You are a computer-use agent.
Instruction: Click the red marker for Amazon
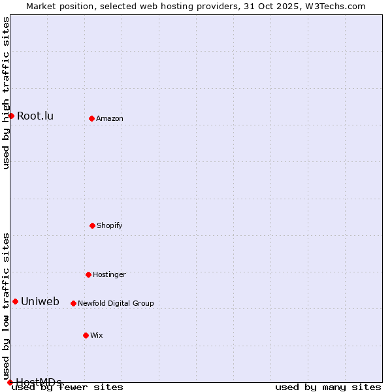(91, 118)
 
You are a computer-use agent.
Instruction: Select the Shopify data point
(92, 225)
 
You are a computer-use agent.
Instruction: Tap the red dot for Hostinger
(88, 274)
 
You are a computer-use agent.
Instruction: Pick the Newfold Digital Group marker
(73, 303)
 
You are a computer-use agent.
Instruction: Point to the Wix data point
(86, 335)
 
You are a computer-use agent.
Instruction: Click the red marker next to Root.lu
(11, 116)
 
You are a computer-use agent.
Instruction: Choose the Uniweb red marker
(15, 301)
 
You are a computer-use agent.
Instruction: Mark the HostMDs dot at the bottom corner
(10, 382)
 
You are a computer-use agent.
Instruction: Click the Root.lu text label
(35, 116)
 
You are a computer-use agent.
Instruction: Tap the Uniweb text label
(40, 302)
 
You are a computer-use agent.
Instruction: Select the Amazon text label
(110, 118)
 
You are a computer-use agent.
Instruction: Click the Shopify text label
(110, 225)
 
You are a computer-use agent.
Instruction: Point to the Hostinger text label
(109, 274)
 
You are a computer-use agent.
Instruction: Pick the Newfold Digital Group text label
(116, 303)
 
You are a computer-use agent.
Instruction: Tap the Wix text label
(97, 335)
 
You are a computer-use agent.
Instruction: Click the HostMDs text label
(39, 382)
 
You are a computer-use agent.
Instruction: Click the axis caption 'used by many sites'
(328, 387)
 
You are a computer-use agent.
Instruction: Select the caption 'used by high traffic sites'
(7, 93)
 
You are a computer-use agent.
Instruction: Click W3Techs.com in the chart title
(334, 6)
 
